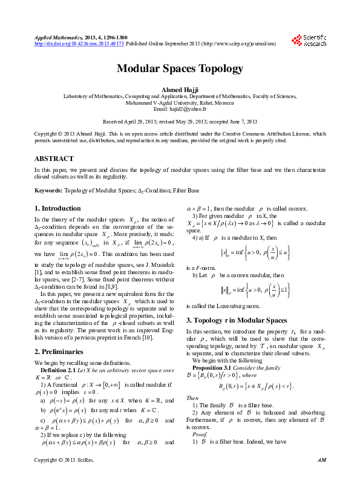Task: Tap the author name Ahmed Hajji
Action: tap(180, 90)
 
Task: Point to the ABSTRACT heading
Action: tap(54, 159)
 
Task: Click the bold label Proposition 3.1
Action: tap(213, 367)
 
